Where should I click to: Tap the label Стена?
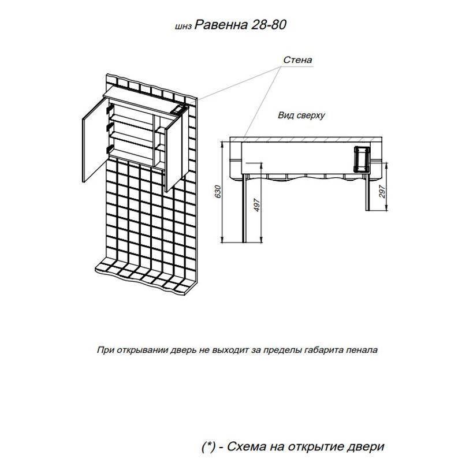[x=298, y=59]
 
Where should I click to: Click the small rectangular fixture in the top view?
[x=362, y=158]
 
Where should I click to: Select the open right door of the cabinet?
[x=173, y=153]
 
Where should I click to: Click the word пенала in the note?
[x=365, y=350]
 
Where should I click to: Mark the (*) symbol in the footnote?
[x=208, y=446]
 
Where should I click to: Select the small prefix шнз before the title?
[x=182, y=27]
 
